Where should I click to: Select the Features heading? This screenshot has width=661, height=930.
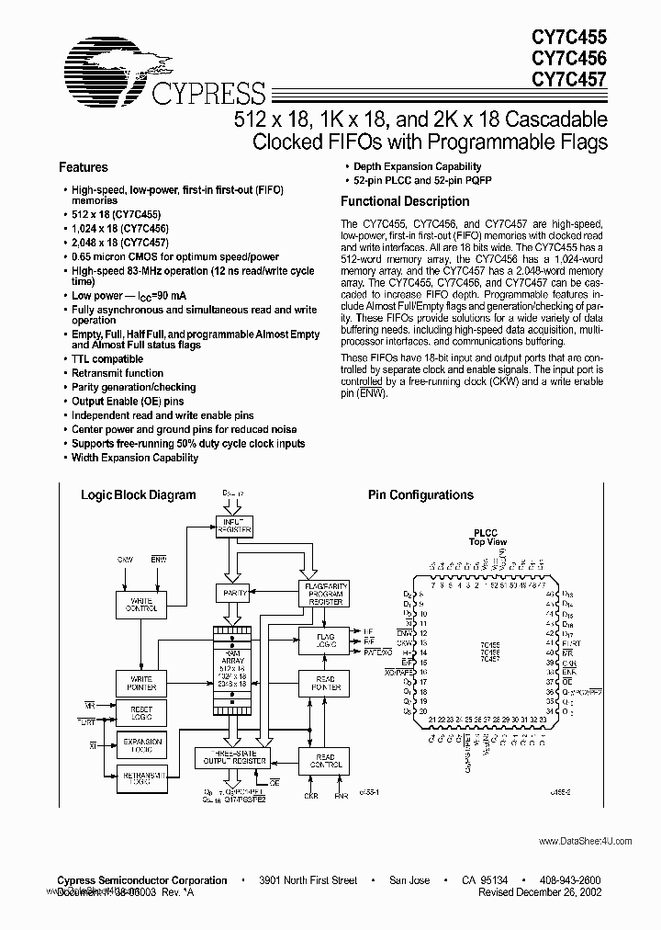[83, 167]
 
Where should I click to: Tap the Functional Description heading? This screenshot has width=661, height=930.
[405, 201]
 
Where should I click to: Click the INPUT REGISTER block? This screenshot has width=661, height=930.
[233, 526]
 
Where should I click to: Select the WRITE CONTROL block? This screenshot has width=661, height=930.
[140, 604]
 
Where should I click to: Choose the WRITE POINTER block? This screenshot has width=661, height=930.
[140, 683]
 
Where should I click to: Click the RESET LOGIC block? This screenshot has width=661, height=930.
[140, 714]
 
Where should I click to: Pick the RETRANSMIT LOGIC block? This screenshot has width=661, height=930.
[140, 777]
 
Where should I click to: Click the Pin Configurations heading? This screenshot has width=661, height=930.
[420, 494]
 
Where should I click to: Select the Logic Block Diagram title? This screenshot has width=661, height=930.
[139, 494]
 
